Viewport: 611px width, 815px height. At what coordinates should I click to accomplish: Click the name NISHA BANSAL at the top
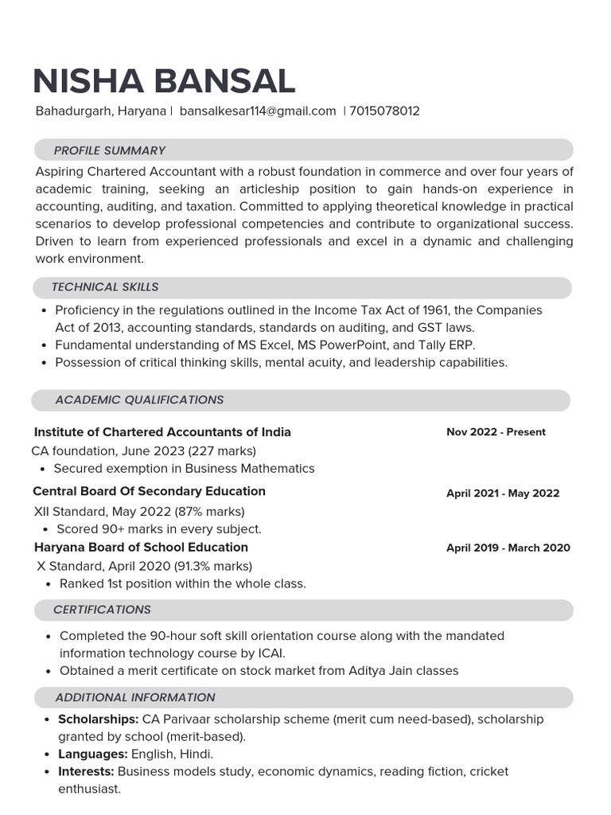(x=164, y=81)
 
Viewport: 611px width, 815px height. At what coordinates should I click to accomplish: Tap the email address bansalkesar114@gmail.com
(x=258, y=111)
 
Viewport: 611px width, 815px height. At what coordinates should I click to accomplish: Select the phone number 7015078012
(x=384, y=111)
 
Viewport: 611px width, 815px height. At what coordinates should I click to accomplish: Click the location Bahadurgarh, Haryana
(x=101, y=111)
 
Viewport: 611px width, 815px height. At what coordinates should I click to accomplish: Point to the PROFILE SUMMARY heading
(x=110, y=150)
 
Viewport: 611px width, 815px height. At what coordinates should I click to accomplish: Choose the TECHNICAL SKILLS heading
(x=105, y=287)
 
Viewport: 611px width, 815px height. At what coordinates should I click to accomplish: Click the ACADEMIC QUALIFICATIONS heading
(x=139, y=400)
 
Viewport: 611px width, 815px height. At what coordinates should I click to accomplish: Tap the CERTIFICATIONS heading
(x=102, y=610)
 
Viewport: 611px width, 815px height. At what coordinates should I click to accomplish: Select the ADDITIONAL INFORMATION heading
(x=135, y=698)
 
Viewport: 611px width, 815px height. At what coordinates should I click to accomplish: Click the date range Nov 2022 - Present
(x=496, y=432)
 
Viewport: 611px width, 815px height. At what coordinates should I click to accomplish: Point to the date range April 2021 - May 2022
(x=503, y=493)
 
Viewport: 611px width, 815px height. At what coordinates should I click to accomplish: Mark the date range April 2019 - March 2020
(x=508, y=548)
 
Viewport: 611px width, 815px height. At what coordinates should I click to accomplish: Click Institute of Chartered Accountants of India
(x=162, y=432)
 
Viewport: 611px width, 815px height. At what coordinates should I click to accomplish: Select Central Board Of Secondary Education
(x=150, y=492)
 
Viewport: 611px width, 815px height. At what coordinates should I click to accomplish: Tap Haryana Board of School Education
(x=142, y=548)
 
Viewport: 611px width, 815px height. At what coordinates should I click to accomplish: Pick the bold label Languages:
(x=93, y=754)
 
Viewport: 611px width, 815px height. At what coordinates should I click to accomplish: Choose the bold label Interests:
(x=87, y=771)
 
